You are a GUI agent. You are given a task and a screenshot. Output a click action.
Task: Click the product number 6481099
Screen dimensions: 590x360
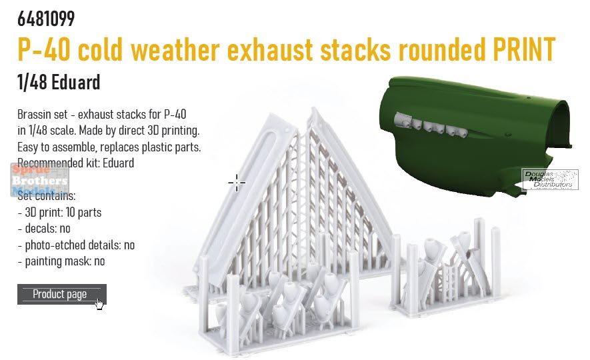pos(46,19)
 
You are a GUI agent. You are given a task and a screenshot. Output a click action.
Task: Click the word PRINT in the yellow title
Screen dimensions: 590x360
pos(524,49)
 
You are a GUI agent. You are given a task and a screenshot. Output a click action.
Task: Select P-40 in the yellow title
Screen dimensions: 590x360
pos(43,49)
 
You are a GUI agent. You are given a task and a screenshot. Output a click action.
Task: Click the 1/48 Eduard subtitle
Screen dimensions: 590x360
pos(59,82)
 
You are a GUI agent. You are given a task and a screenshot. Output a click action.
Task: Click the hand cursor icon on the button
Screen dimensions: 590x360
pos(99,304)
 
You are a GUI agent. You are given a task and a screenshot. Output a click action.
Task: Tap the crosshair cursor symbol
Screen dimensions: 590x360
pos(237,183)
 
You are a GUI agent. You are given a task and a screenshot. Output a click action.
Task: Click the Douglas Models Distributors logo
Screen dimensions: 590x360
pos(550,179)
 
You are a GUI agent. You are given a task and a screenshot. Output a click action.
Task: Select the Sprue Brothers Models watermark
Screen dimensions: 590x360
pos(39,180)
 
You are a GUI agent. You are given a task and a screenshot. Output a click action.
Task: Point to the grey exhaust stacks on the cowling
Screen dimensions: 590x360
pos(431,125)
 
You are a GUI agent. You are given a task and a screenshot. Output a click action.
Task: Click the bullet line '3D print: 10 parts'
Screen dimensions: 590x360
pos(59,213)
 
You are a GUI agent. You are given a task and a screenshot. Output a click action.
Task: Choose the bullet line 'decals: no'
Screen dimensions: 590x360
pos(44,229)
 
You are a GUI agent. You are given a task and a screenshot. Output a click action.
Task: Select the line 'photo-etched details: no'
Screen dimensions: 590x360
pos(76,245)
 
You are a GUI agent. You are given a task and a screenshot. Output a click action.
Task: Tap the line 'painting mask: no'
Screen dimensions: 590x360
pos(61,261)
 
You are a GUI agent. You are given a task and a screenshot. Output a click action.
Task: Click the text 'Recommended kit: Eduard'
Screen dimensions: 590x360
pos(75,163)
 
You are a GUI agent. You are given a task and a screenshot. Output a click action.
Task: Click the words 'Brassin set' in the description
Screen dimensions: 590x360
pos(43,115)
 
